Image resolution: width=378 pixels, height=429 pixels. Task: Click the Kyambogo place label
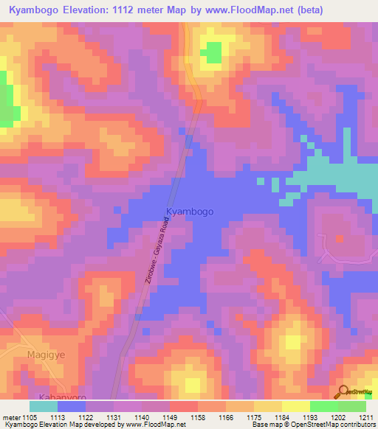[x=190, y=212]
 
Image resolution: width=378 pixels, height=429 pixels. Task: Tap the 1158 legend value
[x=197, y=416]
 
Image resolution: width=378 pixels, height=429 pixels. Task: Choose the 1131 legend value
[x=113, y=416]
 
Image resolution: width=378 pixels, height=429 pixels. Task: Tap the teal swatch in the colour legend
[x=44, y=406]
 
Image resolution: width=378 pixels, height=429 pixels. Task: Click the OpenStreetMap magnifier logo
[x=343, y=391]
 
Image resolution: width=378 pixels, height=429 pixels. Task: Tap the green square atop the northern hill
[x=213, y=53]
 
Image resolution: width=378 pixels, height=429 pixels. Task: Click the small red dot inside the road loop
[x=340, y=239]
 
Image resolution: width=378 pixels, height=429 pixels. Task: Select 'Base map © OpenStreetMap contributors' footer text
[x=312, y=425]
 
